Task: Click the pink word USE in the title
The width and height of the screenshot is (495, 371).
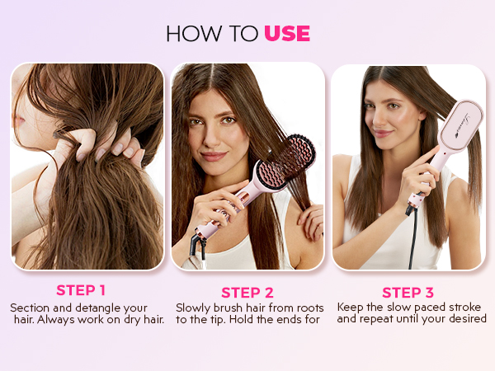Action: pyautogui.click(x=287, y=33)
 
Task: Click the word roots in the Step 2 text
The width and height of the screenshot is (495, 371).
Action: pyautogui.click(x=304, y=308)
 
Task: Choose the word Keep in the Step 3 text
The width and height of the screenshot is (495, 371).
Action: pyautogui.click(x=351, y=307)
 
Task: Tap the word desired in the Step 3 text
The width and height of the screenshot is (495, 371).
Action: pyautogui.click(x=465, y=319)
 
